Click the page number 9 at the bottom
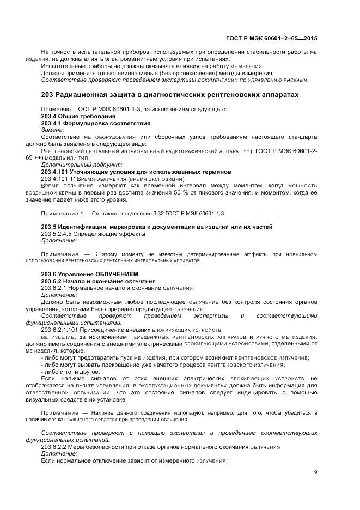(x=315, y=472)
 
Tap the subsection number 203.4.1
(x=53, y=123)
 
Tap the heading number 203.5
(x=50, y=227)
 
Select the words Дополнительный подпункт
(x=82, y=164)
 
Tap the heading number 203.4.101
(x=55, y=172)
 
